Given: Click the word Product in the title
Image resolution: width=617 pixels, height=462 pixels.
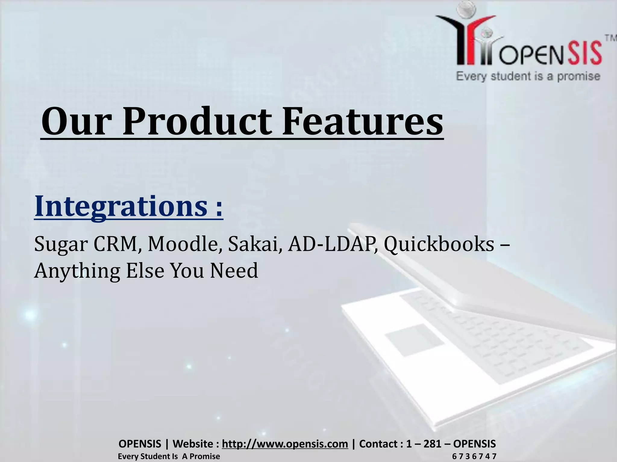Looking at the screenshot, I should point(197,122).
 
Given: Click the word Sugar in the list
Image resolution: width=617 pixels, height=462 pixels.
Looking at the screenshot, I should point(61,244).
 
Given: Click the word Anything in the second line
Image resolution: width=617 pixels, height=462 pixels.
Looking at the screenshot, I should point(77,271).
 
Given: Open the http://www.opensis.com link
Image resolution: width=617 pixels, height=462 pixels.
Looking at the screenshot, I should point(285,444).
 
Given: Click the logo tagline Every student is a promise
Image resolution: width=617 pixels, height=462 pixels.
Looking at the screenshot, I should point(528,76).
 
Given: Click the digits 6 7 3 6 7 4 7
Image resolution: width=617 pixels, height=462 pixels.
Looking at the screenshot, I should point(474,457).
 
